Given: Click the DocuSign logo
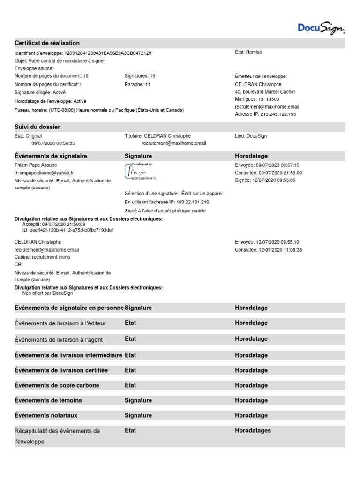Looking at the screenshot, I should [x=321, y=28].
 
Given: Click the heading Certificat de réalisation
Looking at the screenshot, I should [x=47, y=43].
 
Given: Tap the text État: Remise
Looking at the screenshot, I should [x=248, y=52].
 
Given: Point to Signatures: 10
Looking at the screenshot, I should [x=140, y=75].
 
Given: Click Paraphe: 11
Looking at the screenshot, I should [x=137, y=85].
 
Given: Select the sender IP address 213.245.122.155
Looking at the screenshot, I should [x=278, y=114].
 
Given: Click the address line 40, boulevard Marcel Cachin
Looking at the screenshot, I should [x=265, y=92].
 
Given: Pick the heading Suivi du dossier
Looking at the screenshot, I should [x=37, y=127].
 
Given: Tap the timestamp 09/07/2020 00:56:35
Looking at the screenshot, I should [x=53, y=143].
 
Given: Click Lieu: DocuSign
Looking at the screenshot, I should [x=251, y=136].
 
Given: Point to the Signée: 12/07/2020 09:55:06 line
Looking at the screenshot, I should [x=265, y=180].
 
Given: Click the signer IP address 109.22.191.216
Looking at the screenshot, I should [x=193, y=202].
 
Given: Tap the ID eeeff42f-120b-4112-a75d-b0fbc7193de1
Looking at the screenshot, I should [x=68, y=230].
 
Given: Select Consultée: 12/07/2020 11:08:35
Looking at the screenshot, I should [x=268, y=250].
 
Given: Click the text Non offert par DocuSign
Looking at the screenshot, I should [x=48, y=293].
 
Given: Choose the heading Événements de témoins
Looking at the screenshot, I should [x=48, y=400].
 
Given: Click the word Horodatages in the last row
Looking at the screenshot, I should [x=253, y=430].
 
